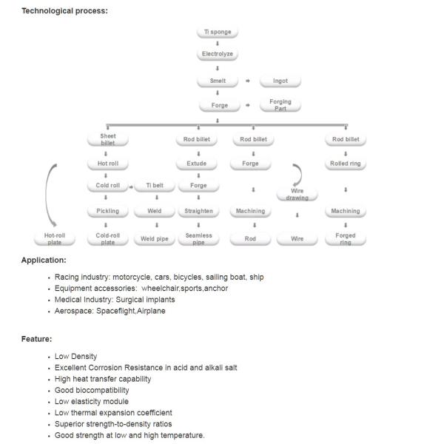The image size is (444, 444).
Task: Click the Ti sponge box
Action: click(217, 33)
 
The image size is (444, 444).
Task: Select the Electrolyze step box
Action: click(218, 54)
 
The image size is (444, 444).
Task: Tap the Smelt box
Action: click(218, 81)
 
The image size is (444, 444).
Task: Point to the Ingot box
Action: click(280, 81)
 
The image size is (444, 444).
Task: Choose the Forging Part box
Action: click(280, 104)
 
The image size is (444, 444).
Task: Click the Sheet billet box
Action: click(107, 139)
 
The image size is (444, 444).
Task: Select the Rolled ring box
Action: click(346, 164)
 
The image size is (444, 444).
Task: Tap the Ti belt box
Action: click(154, 186)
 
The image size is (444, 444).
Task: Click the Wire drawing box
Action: click(297, 195)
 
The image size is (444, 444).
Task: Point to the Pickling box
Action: click(107, 211)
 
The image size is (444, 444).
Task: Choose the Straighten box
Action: click(198, 211)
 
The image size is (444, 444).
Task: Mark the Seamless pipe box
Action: click(198, 238)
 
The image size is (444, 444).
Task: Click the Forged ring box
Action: click(346, 238)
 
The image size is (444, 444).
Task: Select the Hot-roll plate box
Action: click(53, 238)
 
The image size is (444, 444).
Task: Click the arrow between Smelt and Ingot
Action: click(248, 81)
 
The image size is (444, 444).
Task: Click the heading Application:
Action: click(44, 260)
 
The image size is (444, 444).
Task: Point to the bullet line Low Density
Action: click(75, 357)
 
